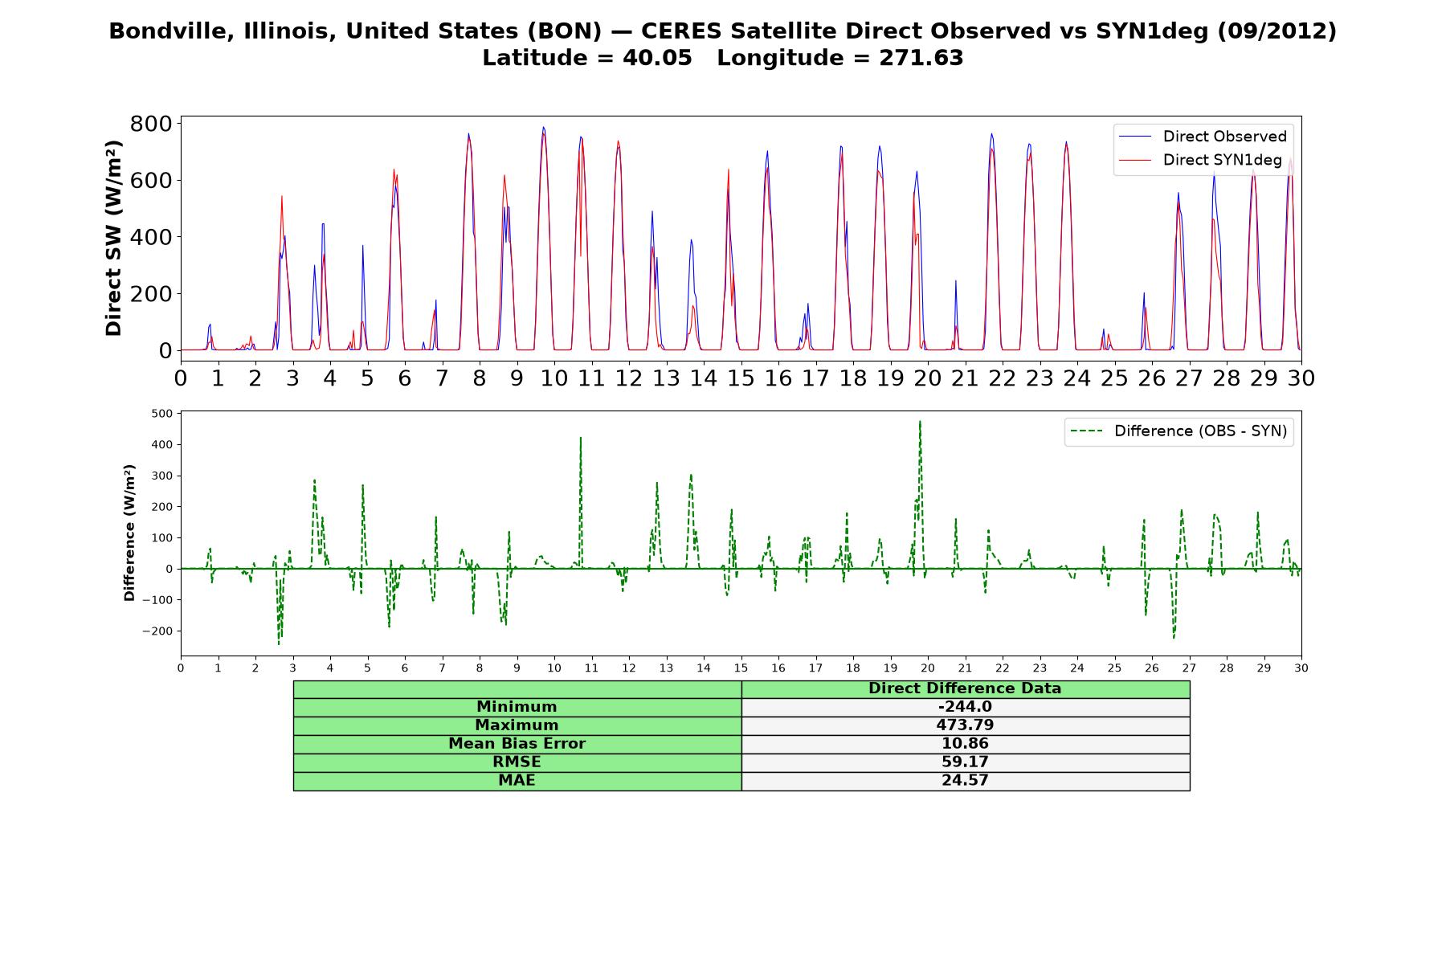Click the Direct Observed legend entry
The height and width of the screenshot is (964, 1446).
click(x=1202, y=137)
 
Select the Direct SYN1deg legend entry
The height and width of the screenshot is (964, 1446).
click(x=1200, y=160)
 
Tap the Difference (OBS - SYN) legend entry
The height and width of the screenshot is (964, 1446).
click(x=1178, y=431)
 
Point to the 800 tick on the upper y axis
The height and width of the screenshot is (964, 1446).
click(x=151, y=124)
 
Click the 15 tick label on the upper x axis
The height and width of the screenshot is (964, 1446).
click(x=741, y=377)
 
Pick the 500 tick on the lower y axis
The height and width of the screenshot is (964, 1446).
click(x=162, y=414)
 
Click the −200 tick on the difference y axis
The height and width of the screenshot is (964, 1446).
click(x=158, y=631)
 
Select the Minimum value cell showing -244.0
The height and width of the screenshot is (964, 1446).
click(x=965, y=707)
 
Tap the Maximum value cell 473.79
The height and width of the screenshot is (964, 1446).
click(x=965, y=725)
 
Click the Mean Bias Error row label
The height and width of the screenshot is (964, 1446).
click(x=517, y=744)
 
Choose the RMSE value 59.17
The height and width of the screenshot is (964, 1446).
click(x=965, y=762)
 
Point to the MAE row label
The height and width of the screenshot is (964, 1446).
click(x=517, y=781)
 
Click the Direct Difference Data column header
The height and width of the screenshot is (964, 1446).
click(x=965, y=688)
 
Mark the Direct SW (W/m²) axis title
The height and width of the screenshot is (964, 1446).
click(x=113, y=238)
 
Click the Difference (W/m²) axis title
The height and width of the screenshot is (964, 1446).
click(x=129, y=533)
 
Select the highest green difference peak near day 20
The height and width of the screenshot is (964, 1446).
click(x=920, y=421)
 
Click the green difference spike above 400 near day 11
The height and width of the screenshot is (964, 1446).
click(x=580, y=438)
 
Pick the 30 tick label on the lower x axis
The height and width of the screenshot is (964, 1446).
click(x=1301, y=668)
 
